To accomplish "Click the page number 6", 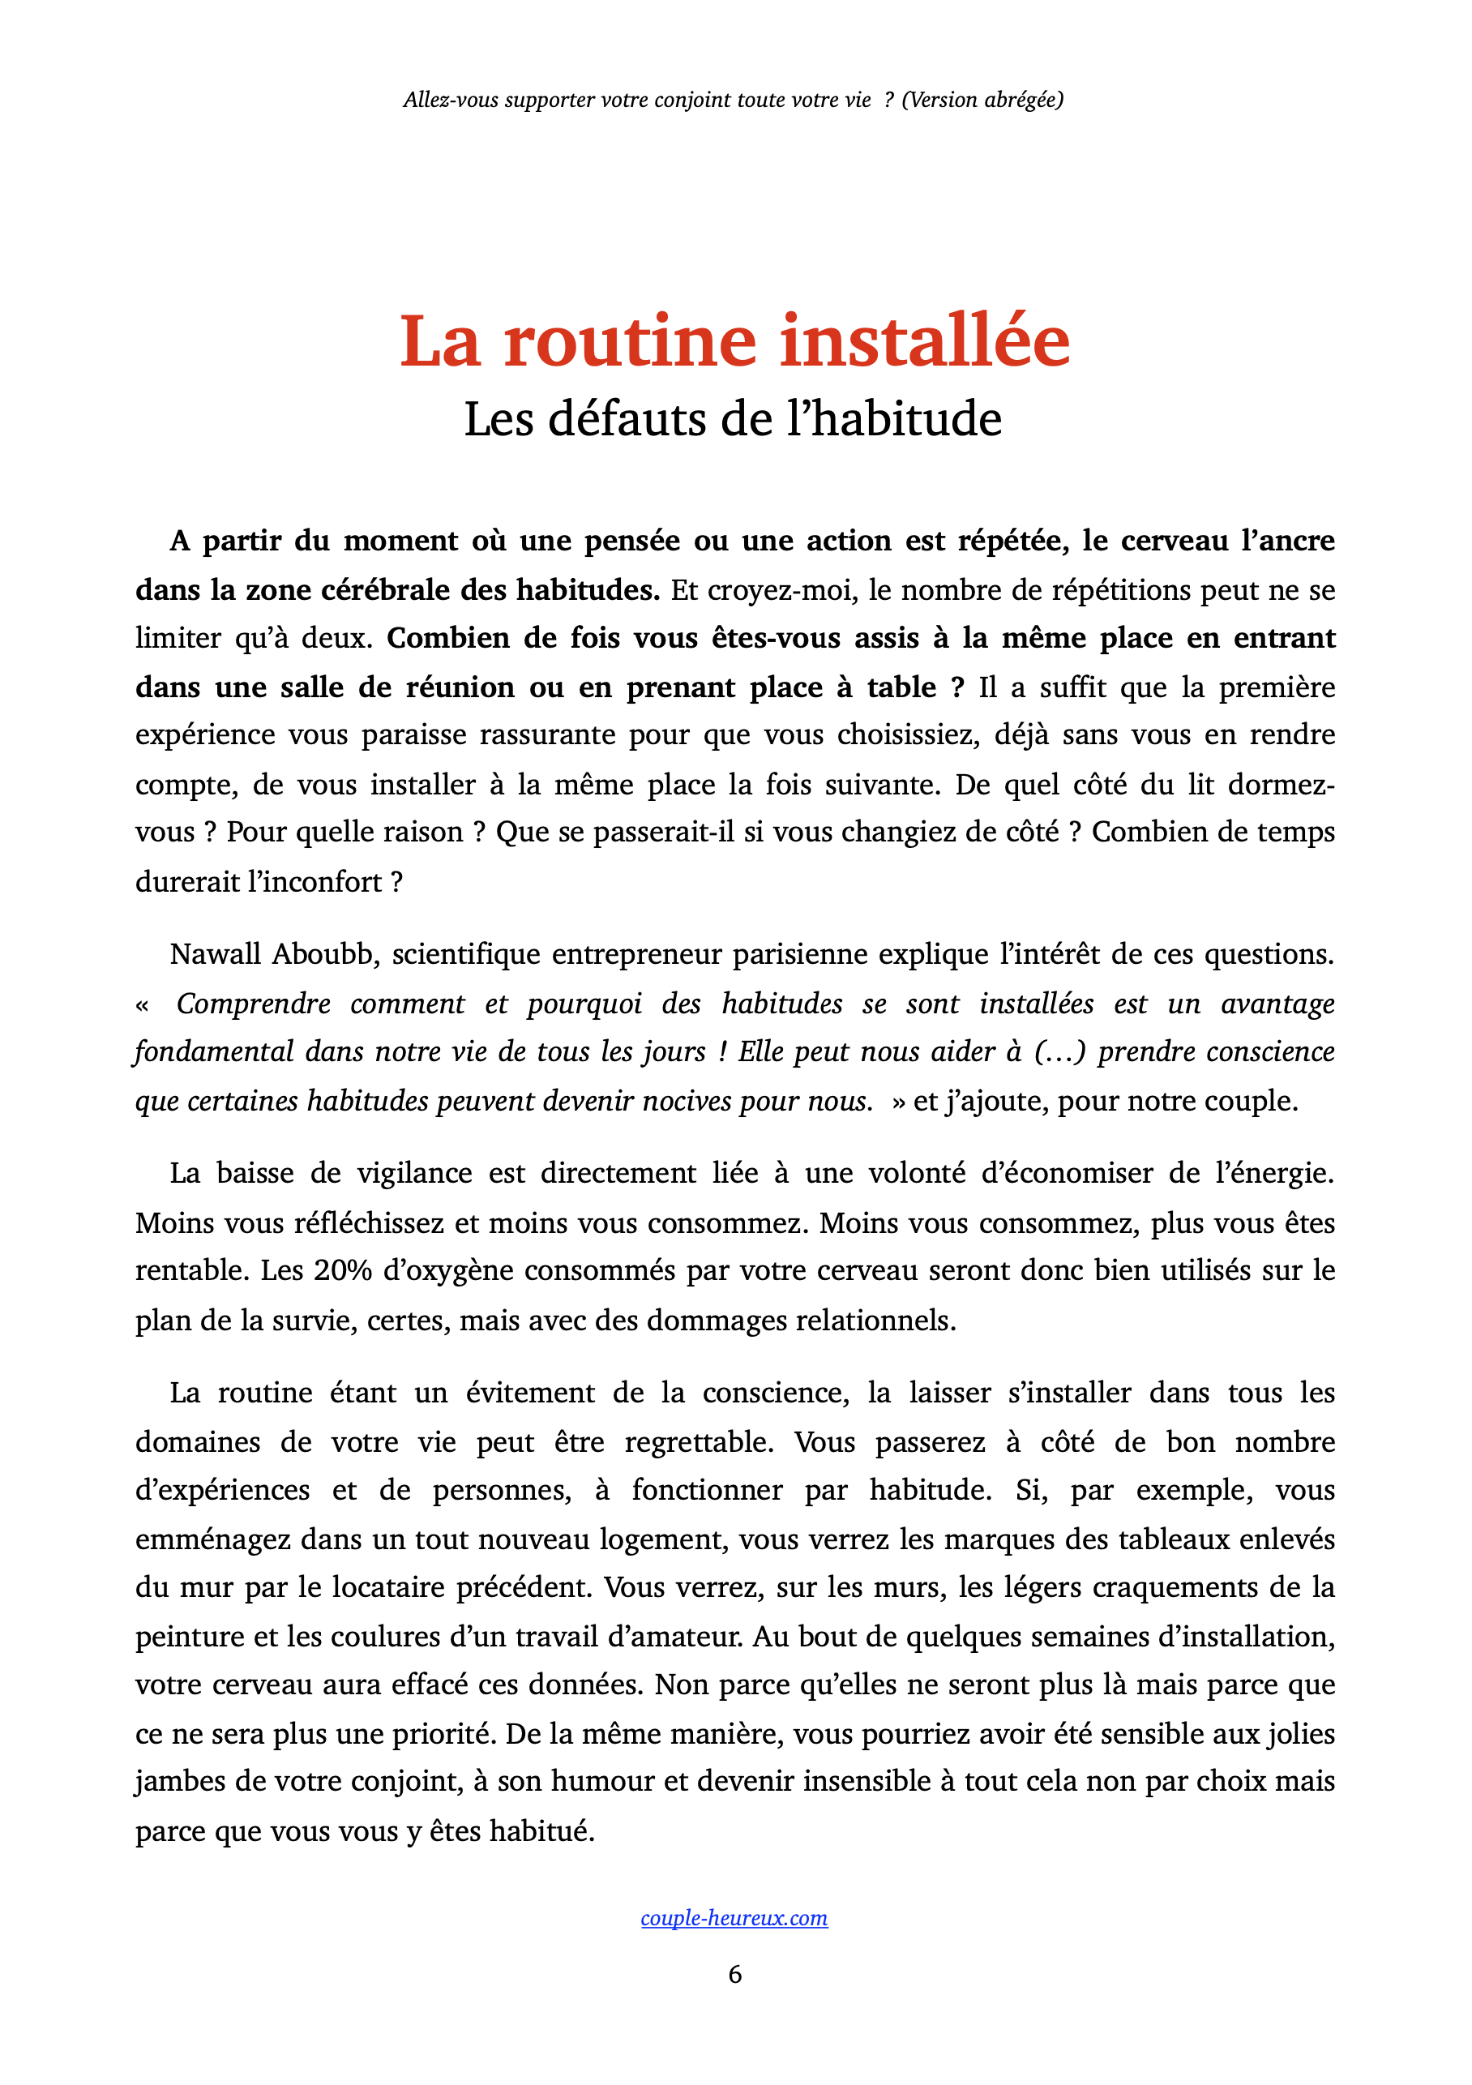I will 734,1973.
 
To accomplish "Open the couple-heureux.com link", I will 734,1917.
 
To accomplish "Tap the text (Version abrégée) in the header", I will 982,100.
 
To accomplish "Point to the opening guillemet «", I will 142,1004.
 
